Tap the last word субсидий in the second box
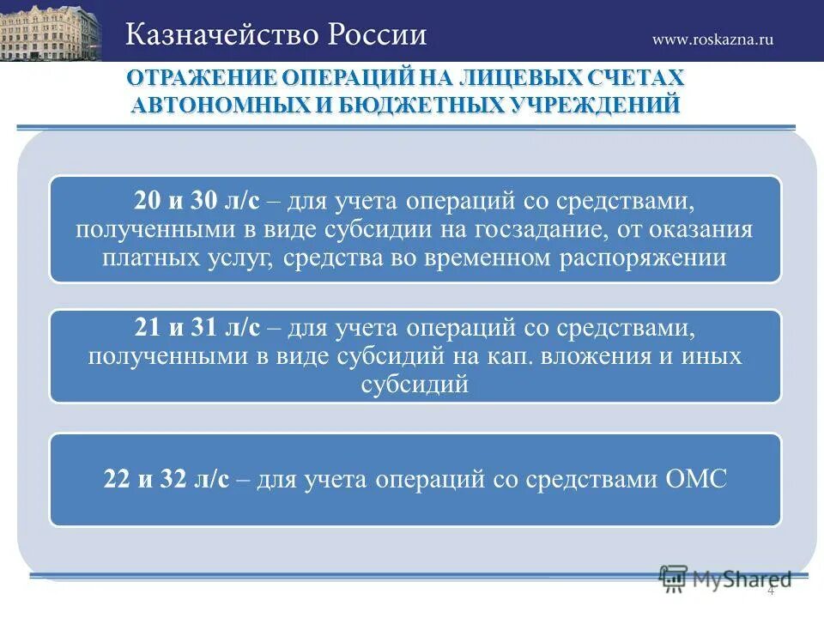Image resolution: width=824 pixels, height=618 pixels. (415, 383)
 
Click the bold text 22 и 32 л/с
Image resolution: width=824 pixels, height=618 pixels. (167, 479)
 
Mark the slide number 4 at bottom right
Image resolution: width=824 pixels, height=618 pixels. (770, 591)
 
